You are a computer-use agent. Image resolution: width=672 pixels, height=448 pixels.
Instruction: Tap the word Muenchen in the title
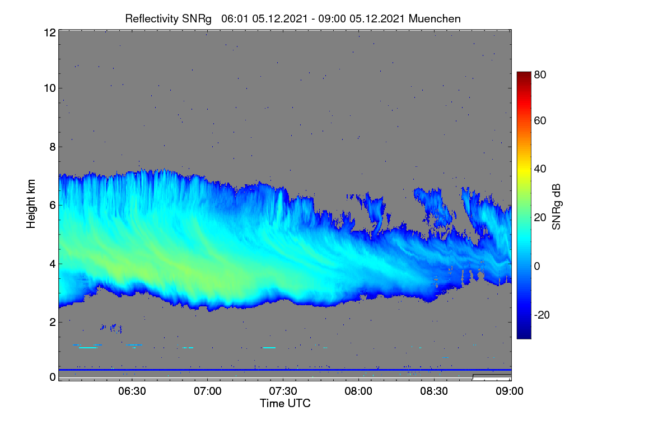[x=435, y=19]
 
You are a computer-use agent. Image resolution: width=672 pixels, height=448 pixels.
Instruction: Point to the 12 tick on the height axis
[x=50, y=32]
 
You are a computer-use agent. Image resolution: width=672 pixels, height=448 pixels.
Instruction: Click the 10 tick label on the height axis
[x=50, y=88]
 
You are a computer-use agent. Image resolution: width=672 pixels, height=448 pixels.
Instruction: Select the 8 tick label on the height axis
[x=53, y=147]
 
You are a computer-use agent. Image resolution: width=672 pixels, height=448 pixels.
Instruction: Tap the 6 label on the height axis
[x=53, y=206]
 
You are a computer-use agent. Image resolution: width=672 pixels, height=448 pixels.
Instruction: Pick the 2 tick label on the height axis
[x=53, y=322]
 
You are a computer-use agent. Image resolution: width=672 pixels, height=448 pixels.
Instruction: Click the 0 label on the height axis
[x=53, y=377]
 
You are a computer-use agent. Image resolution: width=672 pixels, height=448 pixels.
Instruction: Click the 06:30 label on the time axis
[x=132, y=391]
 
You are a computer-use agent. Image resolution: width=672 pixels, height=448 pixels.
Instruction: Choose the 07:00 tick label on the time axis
[x=208, y=391]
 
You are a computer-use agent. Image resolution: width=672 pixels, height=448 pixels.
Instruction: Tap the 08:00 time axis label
[x=358, y=391]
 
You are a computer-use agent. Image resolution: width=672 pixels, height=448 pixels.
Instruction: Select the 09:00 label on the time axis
[x=510, y=391]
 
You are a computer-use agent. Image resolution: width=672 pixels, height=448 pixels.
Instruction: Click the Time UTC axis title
[x=285, y=404]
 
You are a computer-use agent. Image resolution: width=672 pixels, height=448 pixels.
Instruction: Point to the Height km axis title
[x=31, y=204]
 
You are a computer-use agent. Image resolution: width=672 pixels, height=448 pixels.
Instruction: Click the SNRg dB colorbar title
[x=556, y=207]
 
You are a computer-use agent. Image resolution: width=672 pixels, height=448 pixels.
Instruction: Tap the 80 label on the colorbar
[x=540, y=74]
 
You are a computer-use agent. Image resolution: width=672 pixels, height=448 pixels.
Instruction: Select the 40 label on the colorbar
[x=540, y=169]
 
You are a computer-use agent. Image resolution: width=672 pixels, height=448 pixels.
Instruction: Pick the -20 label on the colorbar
[x=542, y=315]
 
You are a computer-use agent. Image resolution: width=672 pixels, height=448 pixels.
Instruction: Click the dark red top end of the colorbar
[x=524, y=73]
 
